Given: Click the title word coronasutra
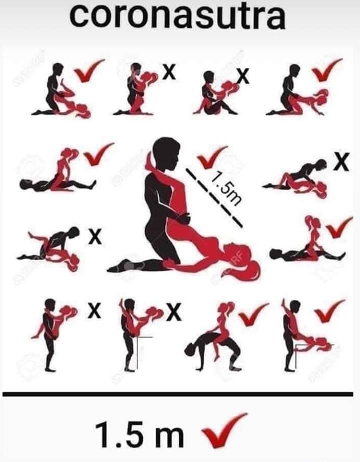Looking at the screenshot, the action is click(177, 15).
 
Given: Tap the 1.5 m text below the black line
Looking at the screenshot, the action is click(140, 434).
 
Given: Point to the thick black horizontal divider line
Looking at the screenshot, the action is click(178, 394).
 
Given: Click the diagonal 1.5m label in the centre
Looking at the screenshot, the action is click(226, 188).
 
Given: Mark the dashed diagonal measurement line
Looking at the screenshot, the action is click(214, 197).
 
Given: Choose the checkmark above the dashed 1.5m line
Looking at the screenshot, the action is click(212, 157).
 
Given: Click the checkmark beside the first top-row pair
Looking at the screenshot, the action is click(89, 70).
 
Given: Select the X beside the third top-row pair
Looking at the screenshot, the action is click(243, 76).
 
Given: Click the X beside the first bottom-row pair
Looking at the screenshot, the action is click(94, 311).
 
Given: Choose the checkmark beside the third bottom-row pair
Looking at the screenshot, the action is click(253, 314).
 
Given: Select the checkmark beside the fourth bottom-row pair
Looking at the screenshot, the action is click(330, 311).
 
